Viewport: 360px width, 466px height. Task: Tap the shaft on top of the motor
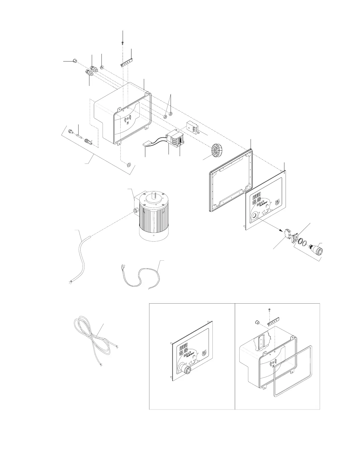click(154, 195)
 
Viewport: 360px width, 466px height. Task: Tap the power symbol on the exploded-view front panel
click(277, 202)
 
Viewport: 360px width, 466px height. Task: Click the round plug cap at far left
click(75, 61)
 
